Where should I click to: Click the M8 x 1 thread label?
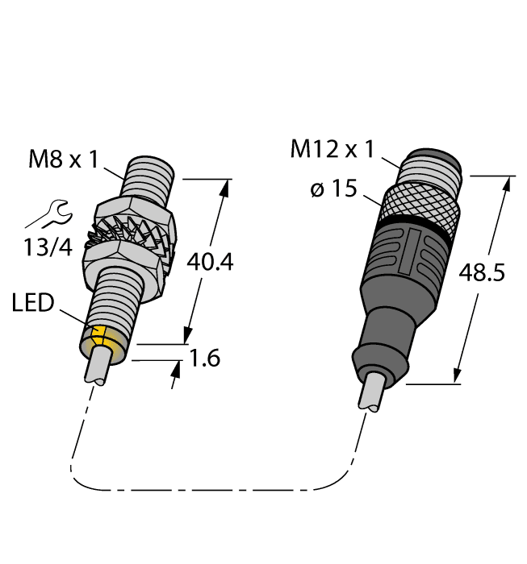click(x=63, y=160)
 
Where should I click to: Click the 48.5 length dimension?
click(x=481, y=274)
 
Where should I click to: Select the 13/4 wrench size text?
click(x=48, y=247)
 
